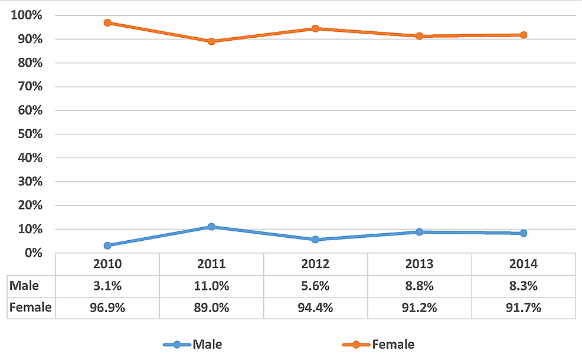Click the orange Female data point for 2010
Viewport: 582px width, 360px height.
tap(107, 22)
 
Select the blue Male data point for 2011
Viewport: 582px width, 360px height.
tap(211, 227)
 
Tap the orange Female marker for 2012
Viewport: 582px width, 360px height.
tap(315, 28)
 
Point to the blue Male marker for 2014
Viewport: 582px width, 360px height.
tap(523, 233)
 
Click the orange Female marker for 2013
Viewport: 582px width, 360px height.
tap(419, 36)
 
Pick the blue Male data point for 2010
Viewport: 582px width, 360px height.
tap(107, 246)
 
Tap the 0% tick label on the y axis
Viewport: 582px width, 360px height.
tap(32, 253)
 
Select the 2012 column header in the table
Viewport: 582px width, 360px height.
tap(315, 263)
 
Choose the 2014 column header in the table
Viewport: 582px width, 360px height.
tap(523, 263)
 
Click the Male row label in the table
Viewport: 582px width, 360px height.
tap(25, 286)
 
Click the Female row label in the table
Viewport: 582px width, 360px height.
tap(31, 307)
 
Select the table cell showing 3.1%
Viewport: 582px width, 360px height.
tap(107, 286)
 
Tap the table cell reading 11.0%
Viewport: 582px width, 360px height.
tap(211, 286)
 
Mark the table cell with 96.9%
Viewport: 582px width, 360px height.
tap(107, 307)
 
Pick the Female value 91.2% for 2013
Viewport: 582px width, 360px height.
tap(419, 307)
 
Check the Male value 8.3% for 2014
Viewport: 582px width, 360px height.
tap(523, 286)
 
